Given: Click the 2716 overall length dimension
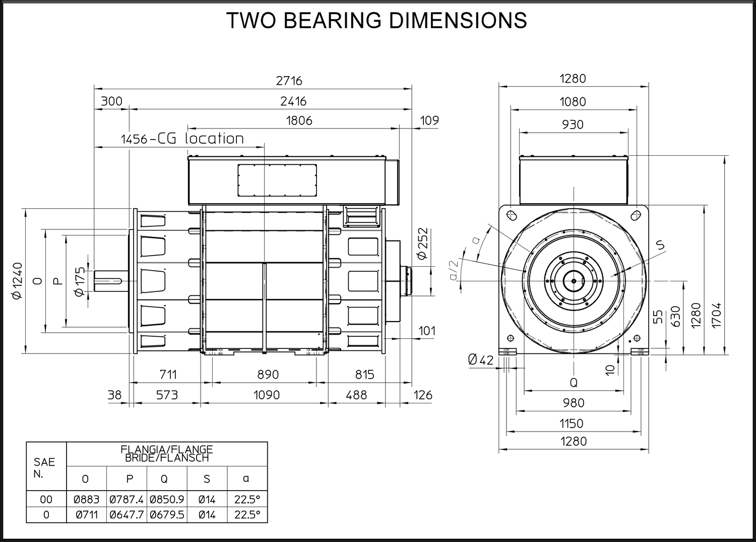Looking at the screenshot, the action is pos(289,81).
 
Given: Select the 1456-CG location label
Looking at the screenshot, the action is pos(182,139).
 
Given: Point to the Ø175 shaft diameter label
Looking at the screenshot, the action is pos(80,282).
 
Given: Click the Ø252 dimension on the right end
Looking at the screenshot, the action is pos(422,244).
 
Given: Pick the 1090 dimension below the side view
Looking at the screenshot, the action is pos(267,395).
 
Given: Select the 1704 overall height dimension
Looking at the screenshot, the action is pos(716,315).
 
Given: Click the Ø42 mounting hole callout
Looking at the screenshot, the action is pos(481,359).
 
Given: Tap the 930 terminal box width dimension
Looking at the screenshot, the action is pos(573,125).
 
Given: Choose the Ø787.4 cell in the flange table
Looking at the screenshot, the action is pos(127,499).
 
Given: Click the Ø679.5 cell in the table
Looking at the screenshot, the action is pos(167,515).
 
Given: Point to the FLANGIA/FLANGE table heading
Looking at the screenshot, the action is pos(167,449).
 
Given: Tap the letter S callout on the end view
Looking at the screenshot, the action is pos(660,245).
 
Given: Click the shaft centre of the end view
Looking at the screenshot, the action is pos(574,281).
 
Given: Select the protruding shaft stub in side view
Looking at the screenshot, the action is pos(111,281).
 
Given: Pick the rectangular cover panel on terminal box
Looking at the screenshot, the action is pos(277,180).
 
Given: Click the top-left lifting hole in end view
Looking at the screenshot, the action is pos(512,215).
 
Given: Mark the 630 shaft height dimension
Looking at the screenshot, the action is pos(675,317).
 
